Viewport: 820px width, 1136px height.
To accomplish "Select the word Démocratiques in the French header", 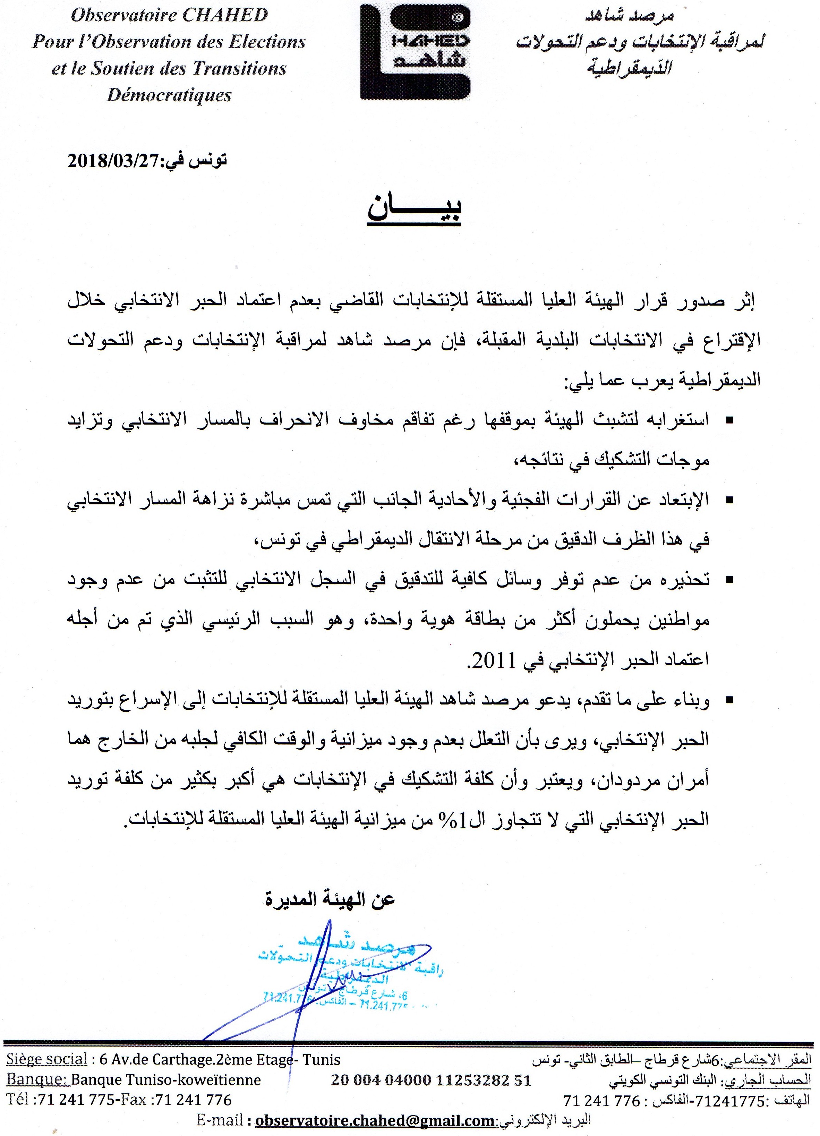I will point(169,95).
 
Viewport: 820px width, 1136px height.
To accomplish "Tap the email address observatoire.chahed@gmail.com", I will point(375,1120).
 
